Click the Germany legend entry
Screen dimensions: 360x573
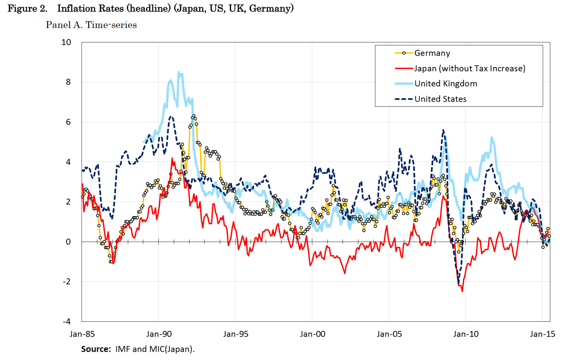[x=432, y=53]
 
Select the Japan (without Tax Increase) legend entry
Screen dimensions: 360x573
[x=469, y=68]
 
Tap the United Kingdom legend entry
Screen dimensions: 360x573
[x=445, y=83]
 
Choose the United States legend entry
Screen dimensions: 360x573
[x=440, y=99]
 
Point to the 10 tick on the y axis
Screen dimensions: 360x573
[x=66, y=42]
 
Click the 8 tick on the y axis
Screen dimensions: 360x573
[x=68, y=82]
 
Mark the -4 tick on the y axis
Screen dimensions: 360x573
[x=67, y=321]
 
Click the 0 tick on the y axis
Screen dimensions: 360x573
[x=68, y=242]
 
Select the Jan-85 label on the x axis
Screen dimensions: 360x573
[x=82, y=334]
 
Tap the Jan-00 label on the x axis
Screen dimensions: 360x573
[x=312, y=334]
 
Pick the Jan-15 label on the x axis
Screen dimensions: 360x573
[x=543, y=334]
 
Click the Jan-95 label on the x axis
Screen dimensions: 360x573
[x=236, y=334]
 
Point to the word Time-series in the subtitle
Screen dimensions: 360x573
[x=111, y=25]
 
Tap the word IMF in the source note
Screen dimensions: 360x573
[x=123, y=349]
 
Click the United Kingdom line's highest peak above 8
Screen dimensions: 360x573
[x=178, y=72]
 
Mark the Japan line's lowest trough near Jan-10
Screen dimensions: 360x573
[x=462, y=291]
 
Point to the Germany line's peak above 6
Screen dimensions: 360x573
[x=194, y=116]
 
